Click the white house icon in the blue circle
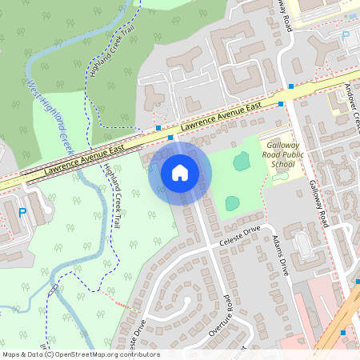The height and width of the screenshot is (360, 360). (180, 172)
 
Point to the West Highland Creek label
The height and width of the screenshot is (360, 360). (50, 112)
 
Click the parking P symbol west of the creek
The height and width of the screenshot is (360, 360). (22, 213)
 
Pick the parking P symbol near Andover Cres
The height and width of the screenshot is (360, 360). (346, 35)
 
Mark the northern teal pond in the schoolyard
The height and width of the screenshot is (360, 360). (241, 161)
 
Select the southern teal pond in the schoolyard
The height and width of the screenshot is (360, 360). (232, 203)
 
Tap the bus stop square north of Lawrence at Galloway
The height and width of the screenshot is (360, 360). (291, 85)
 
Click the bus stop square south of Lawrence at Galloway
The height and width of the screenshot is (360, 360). (282, 104)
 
